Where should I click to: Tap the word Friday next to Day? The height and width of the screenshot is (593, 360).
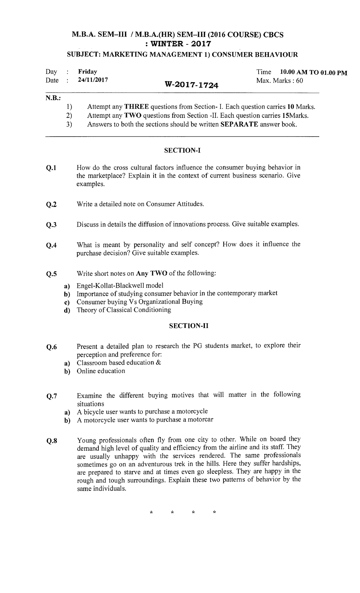click(88, 72)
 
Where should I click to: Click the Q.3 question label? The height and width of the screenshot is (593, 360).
click(51, 225)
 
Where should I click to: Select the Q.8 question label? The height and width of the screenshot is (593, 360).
click(51, 441)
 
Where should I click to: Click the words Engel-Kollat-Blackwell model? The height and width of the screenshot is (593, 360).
click(120, 285)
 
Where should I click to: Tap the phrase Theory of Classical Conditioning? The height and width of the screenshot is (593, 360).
click(124, 310)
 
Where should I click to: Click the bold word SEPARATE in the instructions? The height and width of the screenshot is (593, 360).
click(239, 125)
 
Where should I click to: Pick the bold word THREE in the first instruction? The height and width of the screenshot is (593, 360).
click(136, 107)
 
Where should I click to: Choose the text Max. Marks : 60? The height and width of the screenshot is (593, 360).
click(280, 81)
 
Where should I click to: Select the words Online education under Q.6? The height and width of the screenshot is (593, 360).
click(101, 371)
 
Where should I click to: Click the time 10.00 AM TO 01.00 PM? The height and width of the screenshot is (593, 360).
click(313, 72)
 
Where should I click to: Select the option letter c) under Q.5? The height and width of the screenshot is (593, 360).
click(67, 302)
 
